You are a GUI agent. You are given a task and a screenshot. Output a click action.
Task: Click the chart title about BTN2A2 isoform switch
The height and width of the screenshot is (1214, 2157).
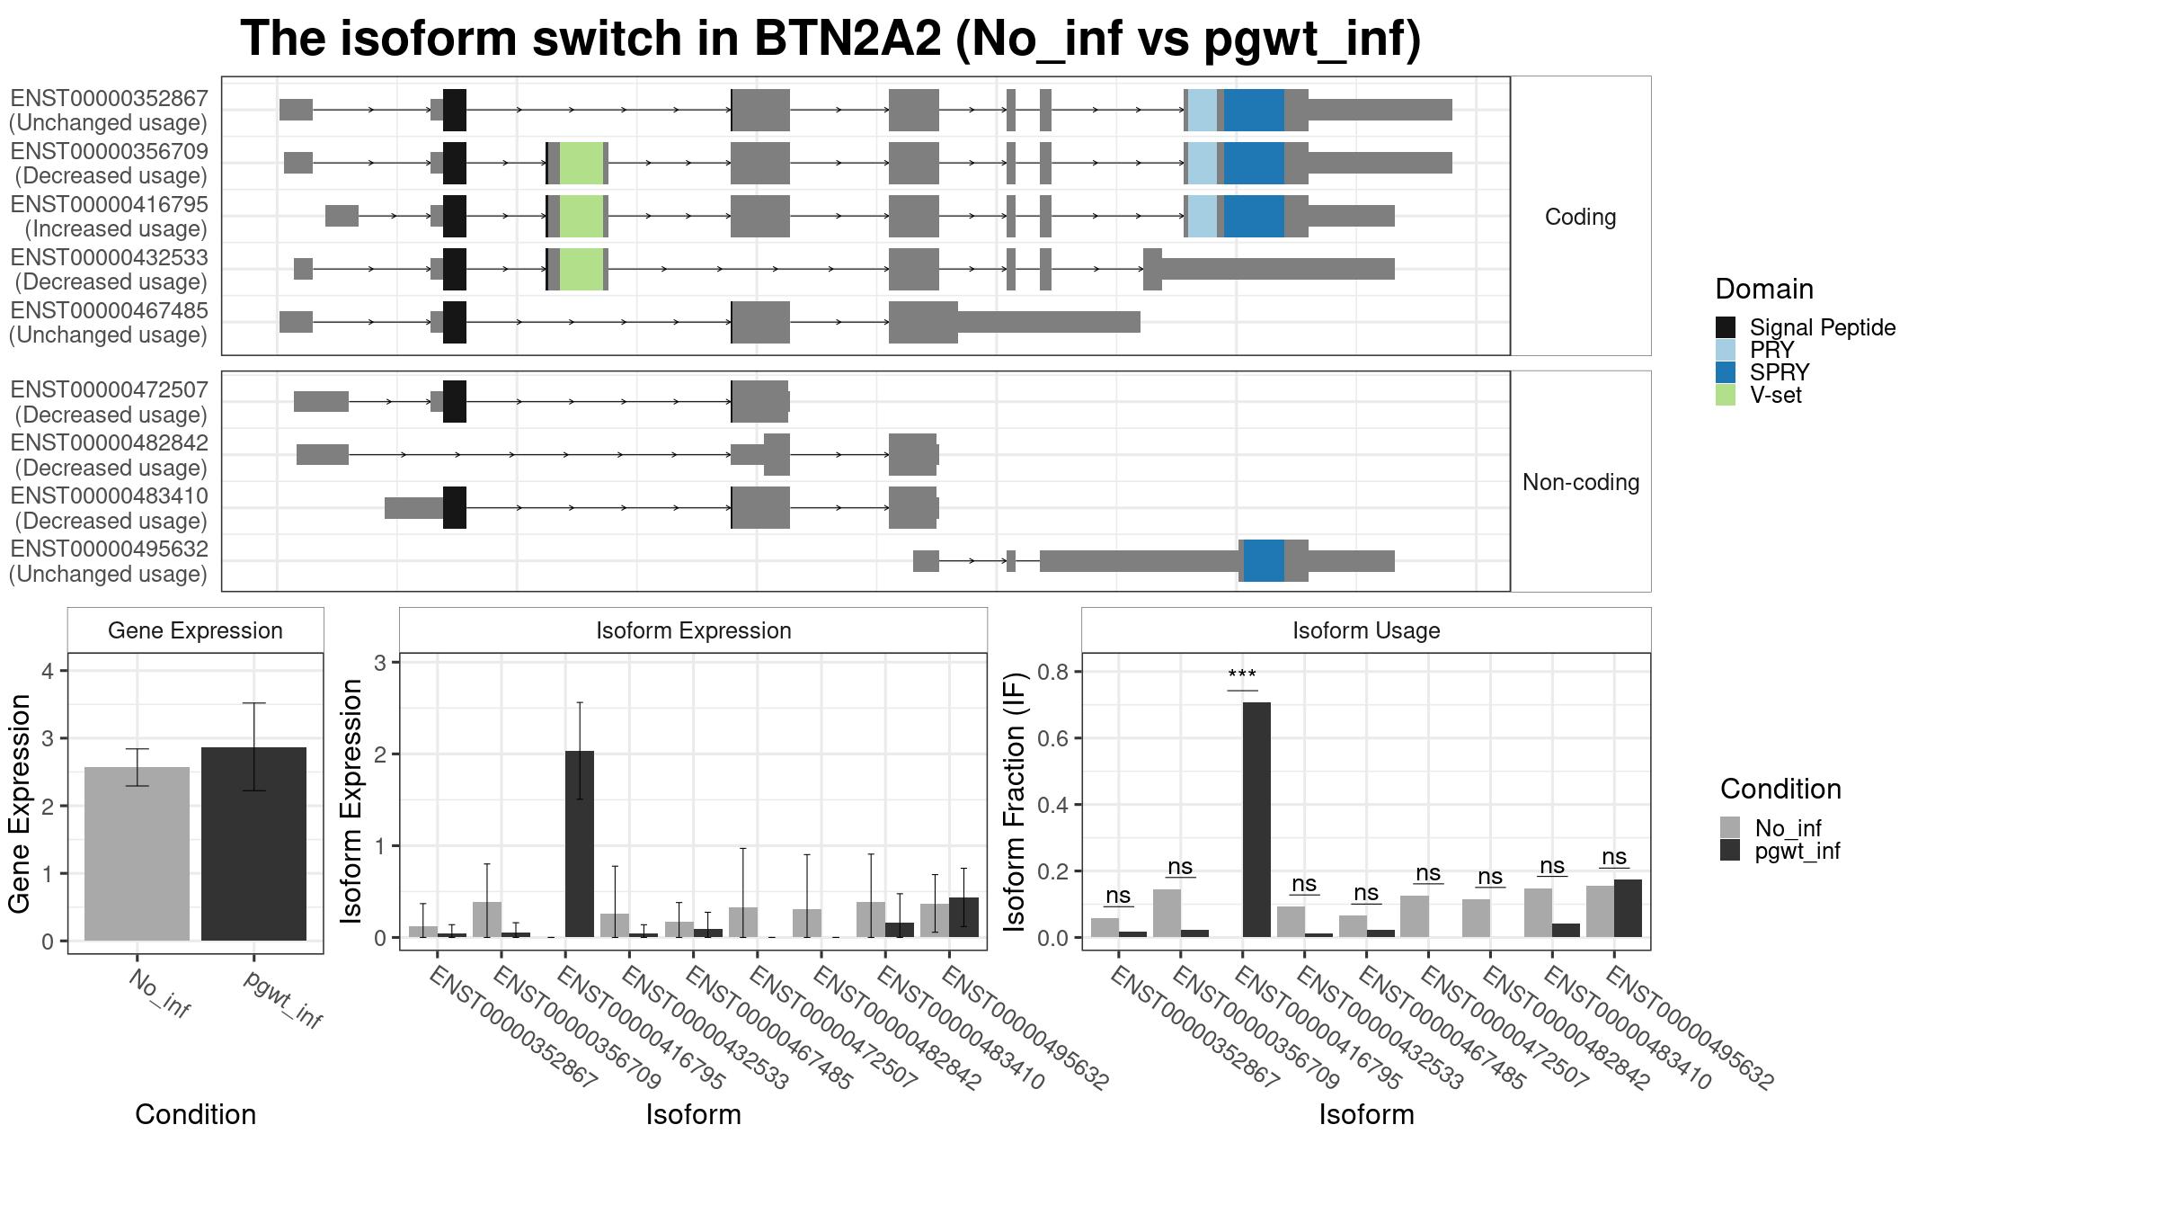(830, 40)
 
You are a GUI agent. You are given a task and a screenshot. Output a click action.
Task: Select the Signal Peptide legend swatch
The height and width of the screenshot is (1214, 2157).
(1726, 327)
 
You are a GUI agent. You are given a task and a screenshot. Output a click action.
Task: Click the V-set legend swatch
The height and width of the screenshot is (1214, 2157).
(1726, 395)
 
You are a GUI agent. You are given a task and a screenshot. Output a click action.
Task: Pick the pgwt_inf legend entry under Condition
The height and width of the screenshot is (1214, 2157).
(1797, 851)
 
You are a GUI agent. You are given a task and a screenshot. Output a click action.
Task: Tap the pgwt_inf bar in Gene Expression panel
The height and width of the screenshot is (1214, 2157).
(253, 844)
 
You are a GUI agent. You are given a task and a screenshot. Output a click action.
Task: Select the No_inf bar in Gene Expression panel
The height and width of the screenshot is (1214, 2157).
(137, 853)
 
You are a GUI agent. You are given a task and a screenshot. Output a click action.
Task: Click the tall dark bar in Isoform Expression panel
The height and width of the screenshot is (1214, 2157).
(580, 844)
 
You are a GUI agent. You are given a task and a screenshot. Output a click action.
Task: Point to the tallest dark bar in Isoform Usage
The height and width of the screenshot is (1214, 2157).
(1256, 819)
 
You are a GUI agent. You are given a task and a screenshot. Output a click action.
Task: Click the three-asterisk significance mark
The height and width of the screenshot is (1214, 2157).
(1242, 675)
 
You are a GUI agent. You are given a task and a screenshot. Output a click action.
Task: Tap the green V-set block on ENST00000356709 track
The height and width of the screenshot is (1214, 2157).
(581, 163)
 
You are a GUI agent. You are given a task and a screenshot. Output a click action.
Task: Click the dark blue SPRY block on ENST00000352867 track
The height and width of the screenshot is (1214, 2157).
(1254, 110)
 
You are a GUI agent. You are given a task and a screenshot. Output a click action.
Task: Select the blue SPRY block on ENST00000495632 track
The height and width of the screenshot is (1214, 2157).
(1264, 561)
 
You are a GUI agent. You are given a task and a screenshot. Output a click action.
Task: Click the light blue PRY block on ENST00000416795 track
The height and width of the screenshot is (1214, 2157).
(1203, 216)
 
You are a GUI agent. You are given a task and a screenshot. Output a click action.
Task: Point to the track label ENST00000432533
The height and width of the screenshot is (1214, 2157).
(110, 257)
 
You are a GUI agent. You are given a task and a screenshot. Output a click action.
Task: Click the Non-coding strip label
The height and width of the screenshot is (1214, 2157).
(1581, 482)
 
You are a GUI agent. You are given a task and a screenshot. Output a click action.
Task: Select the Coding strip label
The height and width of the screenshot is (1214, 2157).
(1581, 217)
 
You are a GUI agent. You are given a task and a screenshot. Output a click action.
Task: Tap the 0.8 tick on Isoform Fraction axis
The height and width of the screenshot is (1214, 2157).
(1052, 672)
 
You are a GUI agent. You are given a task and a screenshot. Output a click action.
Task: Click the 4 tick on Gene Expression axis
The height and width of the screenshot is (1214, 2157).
(49, 671)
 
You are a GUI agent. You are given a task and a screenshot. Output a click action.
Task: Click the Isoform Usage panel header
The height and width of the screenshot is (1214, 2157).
(1366, 630)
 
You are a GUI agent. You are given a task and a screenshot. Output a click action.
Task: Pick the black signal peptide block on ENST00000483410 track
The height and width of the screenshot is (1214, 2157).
(455, 507)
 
